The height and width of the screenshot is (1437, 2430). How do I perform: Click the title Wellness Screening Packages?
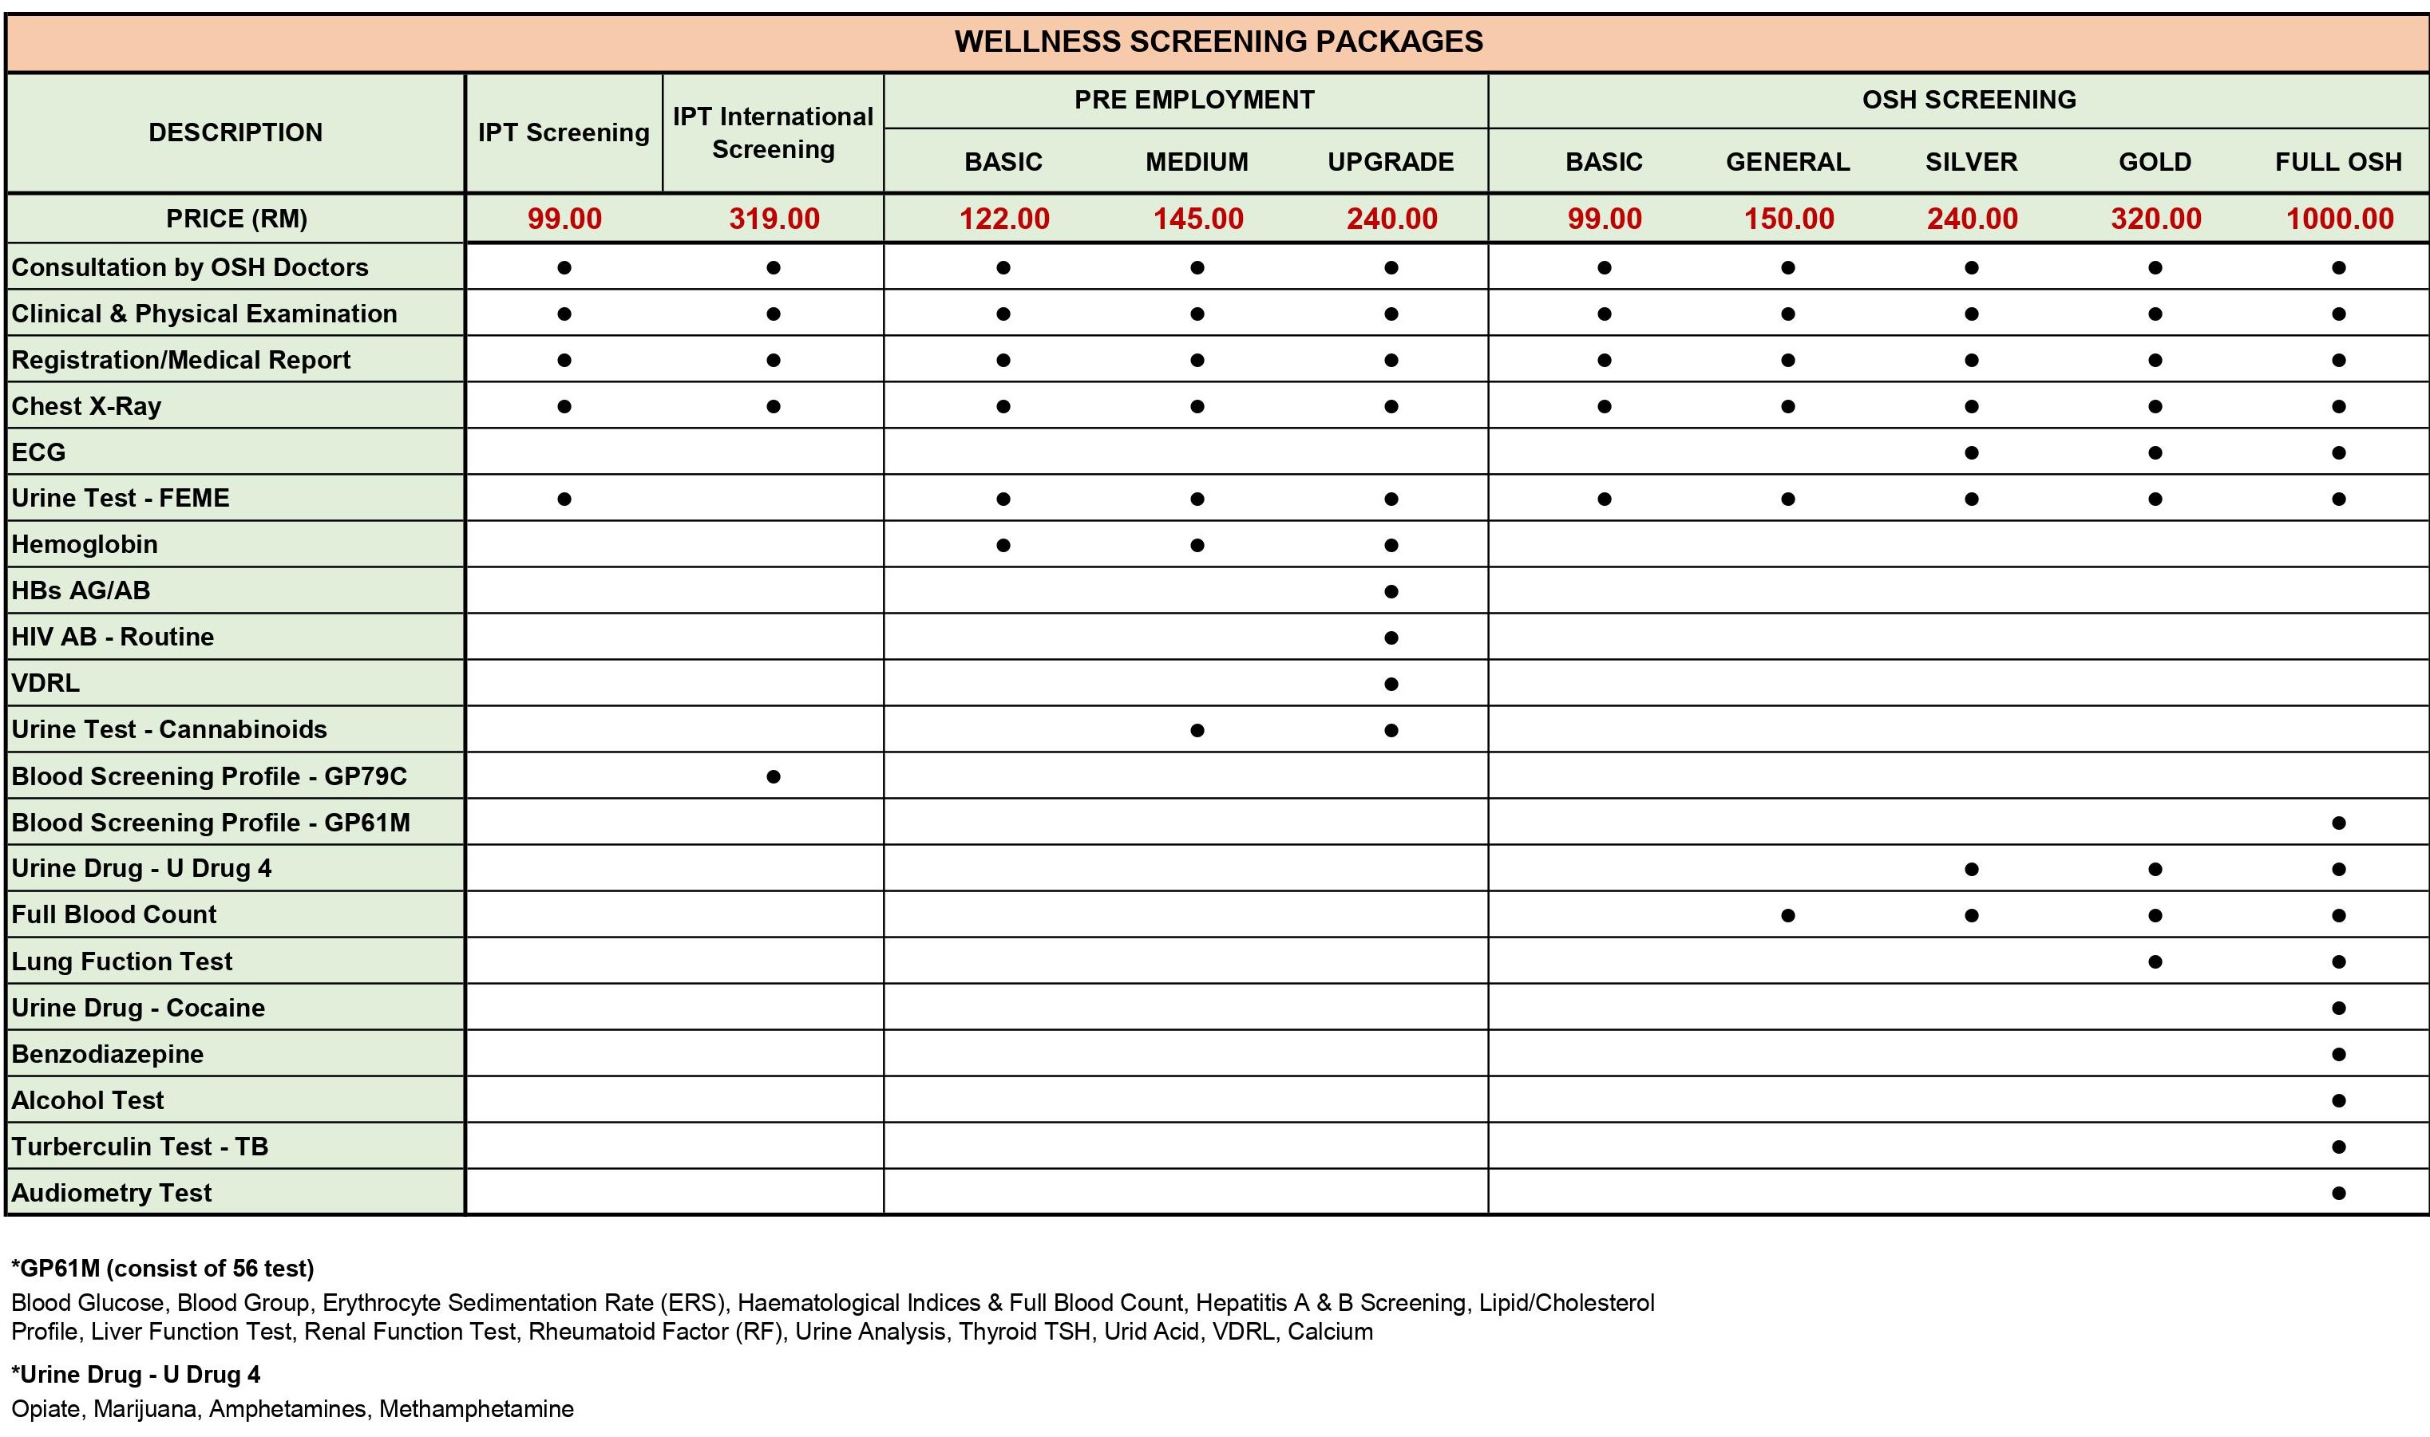pos(1217,41)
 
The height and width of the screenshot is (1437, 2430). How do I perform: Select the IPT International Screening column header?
pos(773,132)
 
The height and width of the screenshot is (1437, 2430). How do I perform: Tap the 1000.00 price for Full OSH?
pos(2338,219)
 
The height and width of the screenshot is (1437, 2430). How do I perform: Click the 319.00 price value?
pos(774,219)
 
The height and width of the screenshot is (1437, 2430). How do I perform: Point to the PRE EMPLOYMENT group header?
pos(1193,100)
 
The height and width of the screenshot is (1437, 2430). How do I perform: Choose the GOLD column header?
pos(2154,162)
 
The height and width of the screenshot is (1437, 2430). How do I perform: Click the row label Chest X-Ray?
pos(86,406)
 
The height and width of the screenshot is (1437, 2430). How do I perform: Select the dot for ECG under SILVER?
pos(1971,452)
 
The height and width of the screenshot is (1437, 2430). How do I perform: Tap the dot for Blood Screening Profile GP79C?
pos(773,776)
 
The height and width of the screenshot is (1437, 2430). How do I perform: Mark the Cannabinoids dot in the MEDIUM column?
pos(1197,730)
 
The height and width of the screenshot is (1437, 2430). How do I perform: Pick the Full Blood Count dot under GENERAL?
pos(1788,915)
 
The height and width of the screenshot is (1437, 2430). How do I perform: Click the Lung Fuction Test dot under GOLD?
pos(2154,961)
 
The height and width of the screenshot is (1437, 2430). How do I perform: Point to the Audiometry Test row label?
pos(112,1193)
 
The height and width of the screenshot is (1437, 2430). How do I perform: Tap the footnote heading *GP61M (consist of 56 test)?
pos(163,1269)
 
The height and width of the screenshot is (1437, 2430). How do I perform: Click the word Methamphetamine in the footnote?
pos(476,1409)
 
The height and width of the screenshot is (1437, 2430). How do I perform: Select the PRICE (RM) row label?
pos(236,219)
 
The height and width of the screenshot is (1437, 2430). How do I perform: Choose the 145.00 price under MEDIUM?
pos(1198,219)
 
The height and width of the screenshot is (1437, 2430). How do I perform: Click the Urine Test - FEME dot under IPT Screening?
pos(564,499)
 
